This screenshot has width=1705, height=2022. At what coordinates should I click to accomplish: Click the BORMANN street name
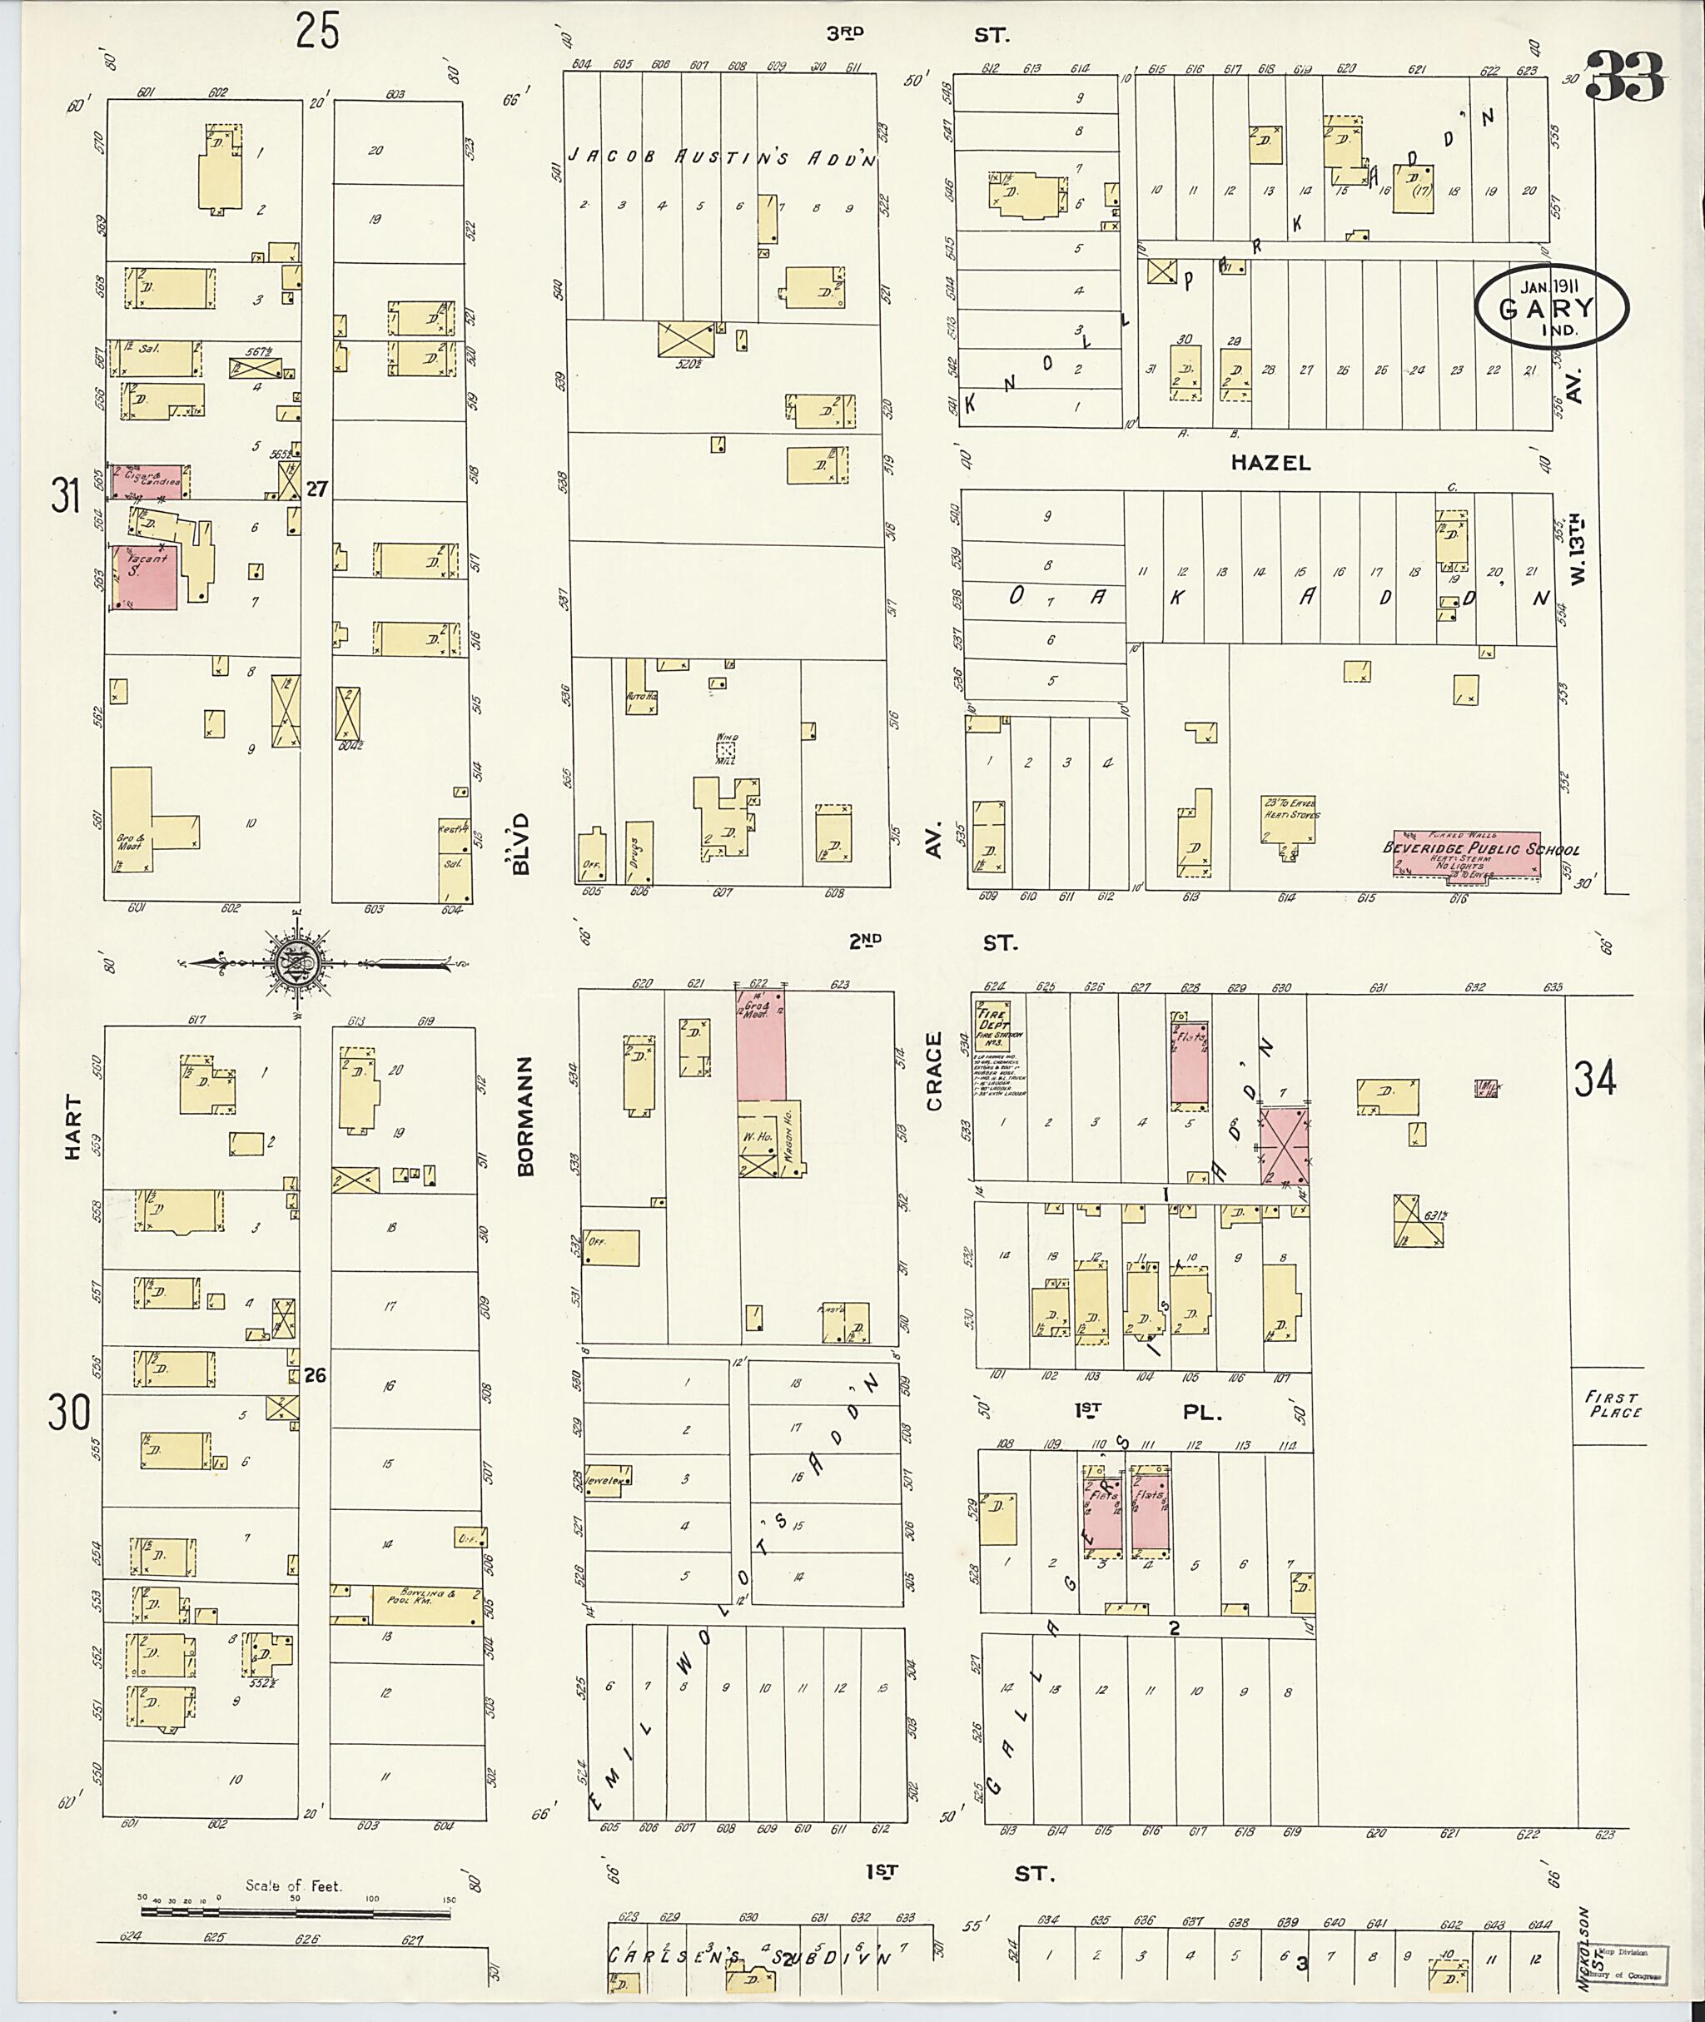click(524, 1115)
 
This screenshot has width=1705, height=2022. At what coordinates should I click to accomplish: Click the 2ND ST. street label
click(932, 942)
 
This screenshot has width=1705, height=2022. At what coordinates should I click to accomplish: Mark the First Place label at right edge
click(1613, 1403)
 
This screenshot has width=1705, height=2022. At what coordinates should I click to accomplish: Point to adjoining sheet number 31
click(66, 499)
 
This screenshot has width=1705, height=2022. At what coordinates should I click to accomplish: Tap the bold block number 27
click(317, 490)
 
